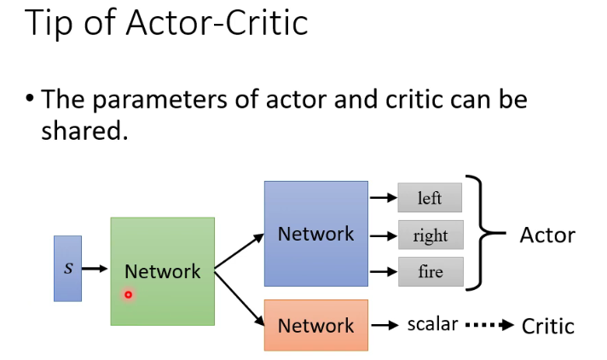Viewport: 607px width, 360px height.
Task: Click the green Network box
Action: [x=162, y=271]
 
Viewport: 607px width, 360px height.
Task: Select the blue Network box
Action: [x=315, y=233]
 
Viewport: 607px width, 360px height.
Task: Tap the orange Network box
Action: [x=315, y=325]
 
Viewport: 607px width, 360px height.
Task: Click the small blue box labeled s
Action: [x=67, y=268]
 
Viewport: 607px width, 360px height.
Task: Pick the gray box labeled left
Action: [x=430, y=197]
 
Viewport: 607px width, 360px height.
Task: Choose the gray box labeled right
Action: [x=430, y=235]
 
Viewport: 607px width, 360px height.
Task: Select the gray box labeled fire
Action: [x=430, y=272]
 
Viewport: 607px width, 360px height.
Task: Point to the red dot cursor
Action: [x=129, y=295]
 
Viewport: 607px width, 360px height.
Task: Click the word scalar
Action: [x=432, y=324]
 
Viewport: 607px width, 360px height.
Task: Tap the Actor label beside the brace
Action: [x=547, y=235]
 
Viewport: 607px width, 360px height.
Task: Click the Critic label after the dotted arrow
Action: [x=547, y=325]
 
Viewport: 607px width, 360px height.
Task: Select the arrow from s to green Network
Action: [x=95, y=269]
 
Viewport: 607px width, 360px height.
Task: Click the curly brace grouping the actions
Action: [x=483, y=233]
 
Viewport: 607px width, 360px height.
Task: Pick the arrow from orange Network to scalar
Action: [x=386, y=325]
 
